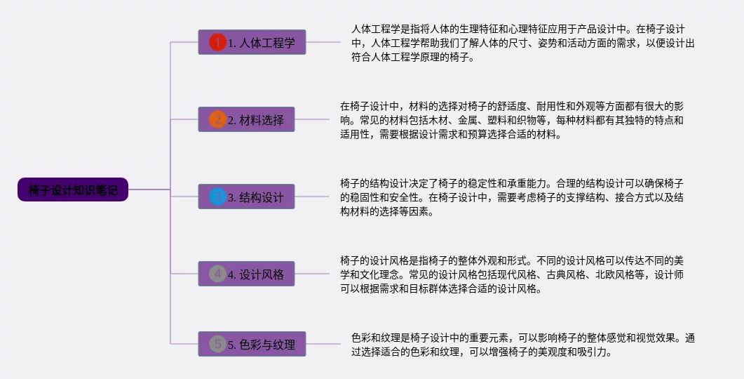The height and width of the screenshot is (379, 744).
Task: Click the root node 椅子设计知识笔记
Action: pyautogui.click(x=73, y=189)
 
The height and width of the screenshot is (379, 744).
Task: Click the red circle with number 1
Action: pyautogui.click(x=217, y=42)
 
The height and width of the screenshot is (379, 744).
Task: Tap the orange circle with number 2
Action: pyautogui.click(x=217, y=119)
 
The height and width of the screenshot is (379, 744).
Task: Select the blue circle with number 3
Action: pyautogui.click(x=217, y=197)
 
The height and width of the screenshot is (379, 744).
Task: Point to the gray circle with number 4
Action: pyautogui.click(x=217, y=274)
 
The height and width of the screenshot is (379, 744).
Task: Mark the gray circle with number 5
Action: pyautogui.click(x=217, y=344)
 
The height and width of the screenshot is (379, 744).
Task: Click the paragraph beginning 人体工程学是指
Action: pyautogui.click(x=522, y=44)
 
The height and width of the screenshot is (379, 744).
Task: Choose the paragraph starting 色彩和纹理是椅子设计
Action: pyautogui.click(x=522, y=345)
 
